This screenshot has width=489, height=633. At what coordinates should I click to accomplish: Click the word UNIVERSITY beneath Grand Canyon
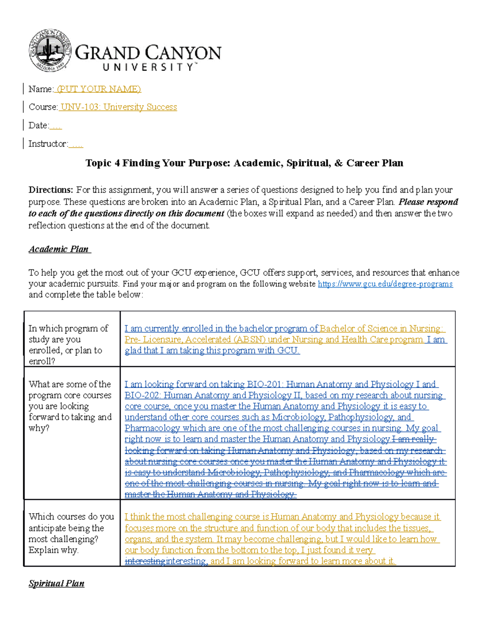[149, 67]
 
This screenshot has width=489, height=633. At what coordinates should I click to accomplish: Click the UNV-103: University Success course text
[119, 107]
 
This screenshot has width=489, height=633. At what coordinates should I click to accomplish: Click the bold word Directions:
[51, 190]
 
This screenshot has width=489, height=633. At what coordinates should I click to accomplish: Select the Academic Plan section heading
[59, 249]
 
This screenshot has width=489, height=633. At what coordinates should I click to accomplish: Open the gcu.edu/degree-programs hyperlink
[385, 284]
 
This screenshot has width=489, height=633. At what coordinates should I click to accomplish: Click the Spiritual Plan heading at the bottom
[56, 583]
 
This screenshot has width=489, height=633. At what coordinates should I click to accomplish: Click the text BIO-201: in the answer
[265, 384]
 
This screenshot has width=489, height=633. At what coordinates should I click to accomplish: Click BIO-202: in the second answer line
[143, 395]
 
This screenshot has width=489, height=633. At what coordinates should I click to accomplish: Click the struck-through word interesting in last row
[145, 561]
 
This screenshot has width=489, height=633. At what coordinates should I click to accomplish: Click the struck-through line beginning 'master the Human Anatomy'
[210, 494]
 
